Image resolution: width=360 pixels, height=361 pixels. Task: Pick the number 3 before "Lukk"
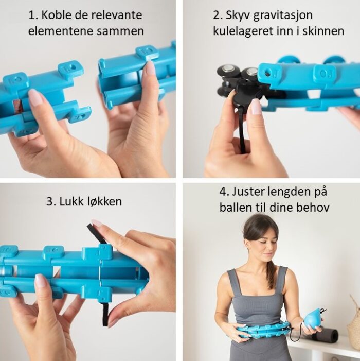[x=50, y=202]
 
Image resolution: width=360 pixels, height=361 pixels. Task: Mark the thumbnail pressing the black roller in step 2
[x=255, y=106]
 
